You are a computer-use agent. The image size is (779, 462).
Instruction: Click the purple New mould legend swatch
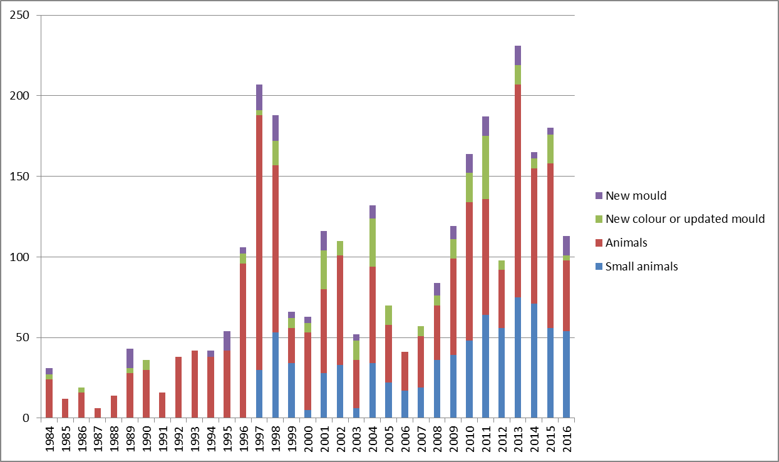click(x=599, y=196)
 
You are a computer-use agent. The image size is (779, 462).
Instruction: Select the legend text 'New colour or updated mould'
click(x=685, y=219)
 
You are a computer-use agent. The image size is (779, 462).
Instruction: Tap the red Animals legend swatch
click(x=599, y=243)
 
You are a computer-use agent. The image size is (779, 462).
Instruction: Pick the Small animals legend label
click(x=642, y=267)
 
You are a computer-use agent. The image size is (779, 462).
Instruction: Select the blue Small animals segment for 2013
click(x=518, y=357)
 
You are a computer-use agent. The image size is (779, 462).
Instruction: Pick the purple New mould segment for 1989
click(x=130, y=358)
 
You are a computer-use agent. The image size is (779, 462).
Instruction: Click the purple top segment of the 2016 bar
click(x=566, y=245)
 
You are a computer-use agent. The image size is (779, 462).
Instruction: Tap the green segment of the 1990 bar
click(x=146, y=365)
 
